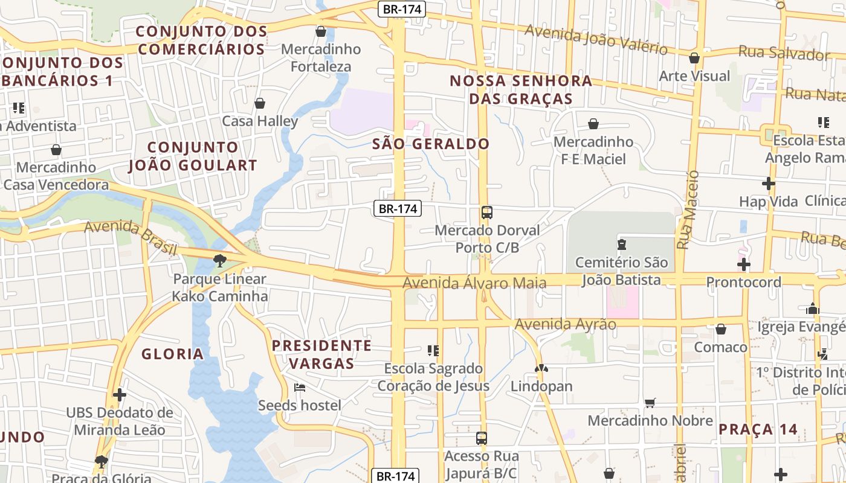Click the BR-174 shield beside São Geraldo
(x=397, y=209)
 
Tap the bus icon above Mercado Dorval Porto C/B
(x=487, y=213)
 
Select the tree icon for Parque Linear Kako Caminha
(x=219, y=261)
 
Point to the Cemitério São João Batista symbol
(x=621, y=245)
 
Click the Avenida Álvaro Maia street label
(x=474, y=283)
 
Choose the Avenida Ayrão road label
(x=565, y=324)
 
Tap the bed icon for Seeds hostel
(x=299, y=388)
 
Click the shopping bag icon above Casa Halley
(x=260, y=104)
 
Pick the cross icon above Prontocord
(x=744, y=264)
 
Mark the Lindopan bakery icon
(x=541, y=368)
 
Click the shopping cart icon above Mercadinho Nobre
(x=650, y=403)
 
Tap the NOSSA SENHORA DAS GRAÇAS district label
(x=521, y=89)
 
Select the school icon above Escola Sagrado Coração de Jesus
(x=433, y=350)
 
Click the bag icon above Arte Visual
(x=694, y=58)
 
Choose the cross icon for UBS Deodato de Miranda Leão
(x=120, y=395)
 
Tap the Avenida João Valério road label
(x=595, y=39)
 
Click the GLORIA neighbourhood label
(x=172, y=354)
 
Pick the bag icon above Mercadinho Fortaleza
(x=321, y=31)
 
